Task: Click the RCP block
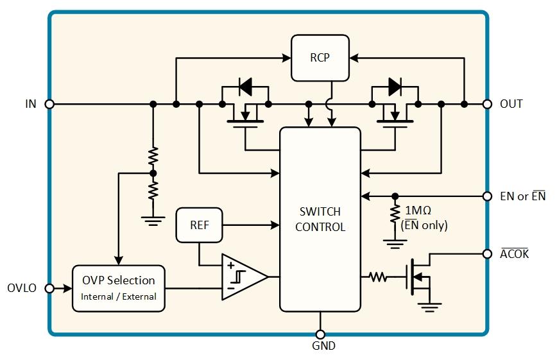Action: (320, 58)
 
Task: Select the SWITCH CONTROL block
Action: (320, 219)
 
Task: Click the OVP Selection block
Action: (118, 288)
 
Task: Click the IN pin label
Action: (31, 104)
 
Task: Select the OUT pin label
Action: (511, 104)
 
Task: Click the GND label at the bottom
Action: (320, 347)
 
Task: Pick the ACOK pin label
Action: (514, 253)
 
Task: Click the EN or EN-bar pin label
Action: (522, 196)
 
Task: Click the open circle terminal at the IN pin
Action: (49, 104)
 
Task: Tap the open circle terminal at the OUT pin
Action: (487, 104)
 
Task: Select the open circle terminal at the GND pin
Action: (320, 334)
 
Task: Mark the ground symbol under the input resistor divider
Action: (152, 220)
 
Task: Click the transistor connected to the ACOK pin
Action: (420, 277)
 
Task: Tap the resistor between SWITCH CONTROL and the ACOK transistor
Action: (377, 277)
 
